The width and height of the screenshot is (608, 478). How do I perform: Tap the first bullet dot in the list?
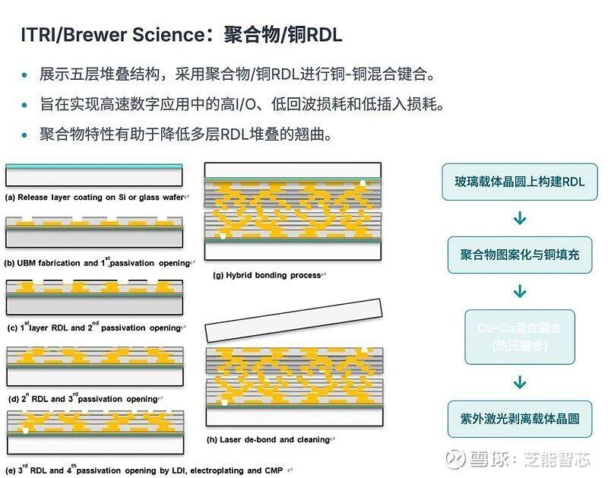25,76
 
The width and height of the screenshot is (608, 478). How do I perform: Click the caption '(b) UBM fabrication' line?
99,263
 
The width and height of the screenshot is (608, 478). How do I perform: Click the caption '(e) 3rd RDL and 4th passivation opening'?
144,470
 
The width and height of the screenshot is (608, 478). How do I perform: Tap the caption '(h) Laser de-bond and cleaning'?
270,438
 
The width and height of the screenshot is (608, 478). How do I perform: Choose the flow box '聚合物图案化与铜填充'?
520,254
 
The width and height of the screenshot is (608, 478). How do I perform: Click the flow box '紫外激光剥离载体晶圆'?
520,418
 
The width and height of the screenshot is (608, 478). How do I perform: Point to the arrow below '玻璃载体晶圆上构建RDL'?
520,218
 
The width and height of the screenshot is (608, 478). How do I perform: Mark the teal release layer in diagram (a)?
96,166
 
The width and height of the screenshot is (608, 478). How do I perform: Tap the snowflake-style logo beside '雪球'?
455,459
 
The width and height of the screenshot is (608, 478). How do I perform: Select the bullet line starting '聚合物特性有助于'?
186,135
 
